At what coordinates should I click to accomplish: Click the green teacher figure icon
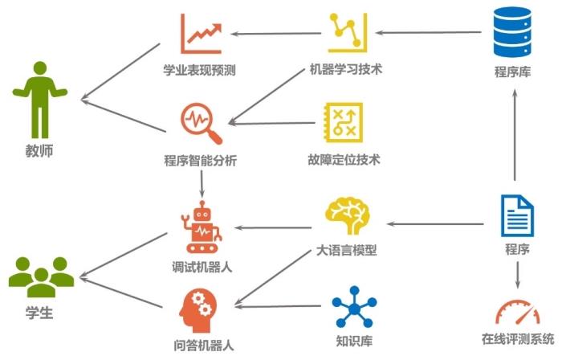click(40, 100)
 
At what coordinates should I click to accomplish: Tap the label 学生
click(39, 313)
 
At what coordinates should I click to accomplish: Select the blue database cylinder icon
click(512, 32)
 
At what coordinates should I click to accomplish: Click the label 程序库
click(512, 72)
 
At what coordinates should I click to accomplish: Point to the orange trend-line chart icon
click(201, 34)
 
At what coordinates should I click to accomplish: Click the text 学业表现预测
click(199, 70)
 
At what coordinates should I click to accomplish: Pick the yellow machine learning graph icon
click(348, 33)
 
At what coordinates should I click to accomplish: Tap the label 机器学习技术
click(346, 69)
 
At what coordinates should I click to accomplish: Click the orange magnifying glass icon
click(201, 124)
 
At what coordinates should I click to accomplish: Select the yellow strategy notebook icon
click(344, 123)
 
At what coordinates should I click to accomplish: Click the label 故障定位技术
click(344, 160)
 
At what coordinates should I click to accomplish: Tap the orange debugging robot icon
click(202, 227)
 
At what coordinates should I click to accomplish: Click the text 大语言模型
click(347, 250)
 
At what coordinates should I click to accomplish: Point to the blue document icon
click(517, 216)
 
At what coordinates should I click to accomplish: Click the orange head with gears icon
click(198, 310)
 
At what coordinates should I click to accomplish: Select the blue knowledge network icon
click(354, 307)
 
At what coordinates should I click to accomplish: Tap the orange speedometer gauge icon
click(517, 313)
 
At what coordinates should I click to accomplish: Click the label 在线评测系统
click(518, 339)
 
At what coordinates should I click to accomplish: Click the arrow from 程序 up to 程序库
click(515, 135)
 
